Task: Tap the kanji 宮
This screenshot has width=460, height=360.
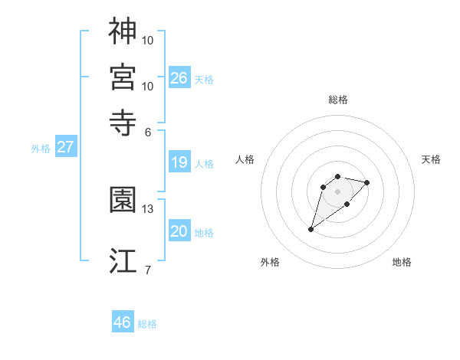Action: pyautogui.click(x=123, y=77)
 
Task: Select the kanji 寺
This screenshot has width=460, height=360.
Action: pyautogui.click(x=123, y=122)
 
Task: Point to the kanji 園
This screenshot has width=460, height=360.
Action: pyautogui.click(x=123, y=200)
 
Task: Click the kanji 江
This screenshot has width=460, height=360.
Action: pyautogui.click(x=123, y=260)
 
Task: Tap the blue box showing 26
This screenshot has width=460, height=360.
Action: pyautogui.click(x=179, y=77)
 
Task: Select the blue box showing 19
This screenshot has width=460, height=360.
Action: pyautogui.click(x=179, y=162)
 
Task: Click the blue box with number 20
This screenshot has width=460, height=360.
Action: pyautogui.click(x=179, y=231)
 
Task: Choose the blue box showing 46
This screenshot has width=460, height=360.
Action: pyautogui.click(x=123, y=322)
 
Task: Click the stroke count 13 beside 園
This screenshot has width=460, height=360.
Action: pyautogui.click(x=148, y=208)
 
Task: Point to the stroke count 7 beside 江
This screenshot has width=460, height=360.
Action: pyautogui.click(x=148, y=270)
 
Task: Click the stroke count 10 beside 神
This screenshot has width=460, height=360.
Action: pyautogui.click(x=148, y=40)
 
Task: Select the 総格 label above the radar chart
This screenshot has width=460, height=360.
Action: pyautogui.click(x=338, y=100)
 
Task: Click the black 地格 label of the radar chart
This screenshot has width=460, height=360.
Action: pyautogui.click(x=402, y=262)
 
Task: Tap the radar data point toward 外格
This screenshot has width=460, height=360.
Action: pyautogui.click(x=311, y=229)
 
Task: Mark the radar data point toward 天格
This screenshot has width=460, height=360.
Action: pyautogui.click(x=367, y=182)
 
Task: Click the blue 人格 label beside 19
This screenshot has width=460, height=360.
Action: pyautogui.click(x=204, y=164)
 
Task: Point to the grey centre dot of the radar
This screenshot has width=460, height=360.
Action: pyautogui.click(x=337, y=191)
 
